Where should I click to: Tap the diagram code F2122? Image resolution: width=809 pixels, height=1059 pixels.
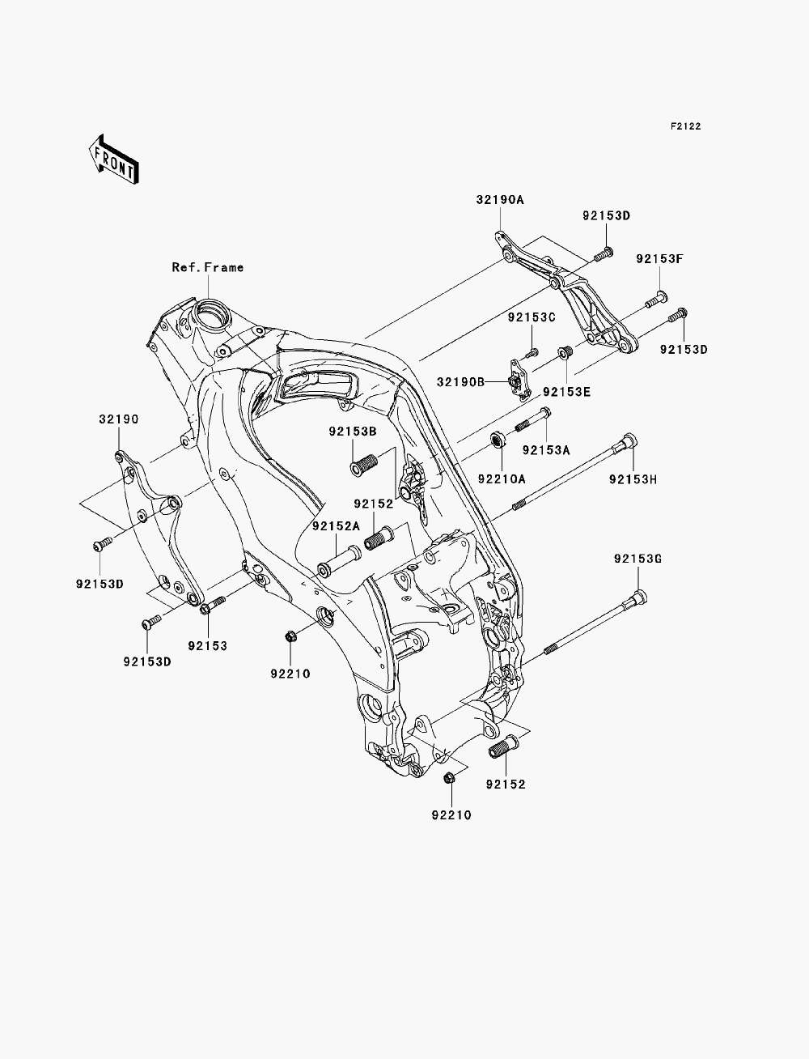click(685, 126)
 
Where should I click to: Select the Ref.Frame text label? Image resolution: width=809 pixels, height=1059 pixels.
click(208, 267)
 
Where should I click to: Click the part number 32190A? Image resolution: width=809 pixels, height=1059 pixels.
click(500, 200)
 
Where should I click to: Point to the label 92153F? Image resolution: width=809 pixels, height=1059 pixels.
click(659, 258)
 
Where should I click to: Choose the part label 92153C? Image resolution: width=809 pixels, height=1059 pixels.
click(532, 317)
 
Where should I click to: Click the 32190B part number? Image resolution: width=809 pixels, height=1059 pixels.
click(460, 382)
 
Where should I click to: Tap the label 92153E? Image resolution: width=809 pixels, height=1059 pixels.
click(566, 392)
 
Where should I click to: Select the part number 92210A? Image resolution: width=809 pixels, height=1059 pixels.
click(502, 479)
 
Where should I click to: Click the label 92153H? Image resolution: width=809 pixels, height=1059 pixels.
click(633, 479)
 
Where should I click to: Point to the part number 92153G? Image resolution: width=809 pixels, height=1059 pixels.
click(637, 559)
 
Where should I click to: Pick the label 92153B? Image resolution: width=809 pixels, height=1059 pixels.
click(353, 432)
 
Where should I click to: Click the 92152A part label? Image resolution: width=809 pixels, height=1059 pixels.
click(336, 526)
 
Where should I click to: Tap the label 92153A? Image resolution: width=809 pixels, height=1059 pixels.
click(546, 450)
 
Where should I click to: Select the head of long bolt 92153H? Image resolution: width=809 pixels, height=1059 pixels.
click(629, 440)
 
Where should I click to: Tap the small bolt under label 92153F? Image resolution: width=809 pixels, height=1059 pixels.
click(655, 299)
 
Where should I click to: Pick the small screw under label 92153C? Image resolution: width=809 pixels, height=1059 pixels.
click(532, 353)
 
